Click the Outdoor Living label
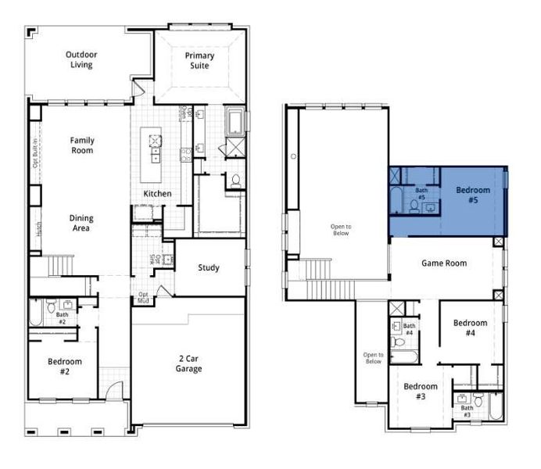click(81, 60)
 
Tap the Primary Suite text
click(199, 61)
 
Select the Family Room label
click(82, 145)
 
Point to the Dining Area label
click(81, 223)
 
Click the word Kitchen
click(157, 194)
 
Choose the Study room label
click(208, 268)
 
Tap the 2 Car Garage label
click(188, 363)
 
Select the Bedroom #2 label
click(64, 367)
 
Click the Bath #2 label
click(62, 318)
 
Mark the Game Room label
click(444, 263)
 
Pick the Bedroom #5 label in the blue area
click(473, 195)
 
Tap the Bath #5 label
click(421, 194)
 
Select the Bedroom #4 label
click(470, 328)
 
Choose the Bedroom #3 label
click(421, 392)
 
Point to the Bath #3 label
click(467, 411)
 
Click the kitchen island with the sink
click(154, 147)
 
